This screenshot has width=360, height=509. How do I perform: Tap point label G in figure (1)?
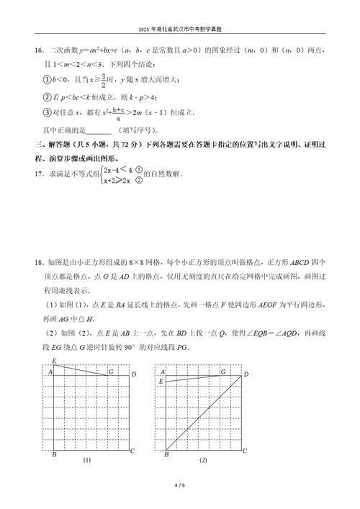coord(110,371)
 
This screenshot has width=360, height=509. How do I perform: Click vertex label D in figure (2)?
coord(246,372)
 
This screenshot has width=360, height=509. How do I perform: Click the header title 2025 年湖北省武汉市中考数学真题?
coord(180,32)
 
